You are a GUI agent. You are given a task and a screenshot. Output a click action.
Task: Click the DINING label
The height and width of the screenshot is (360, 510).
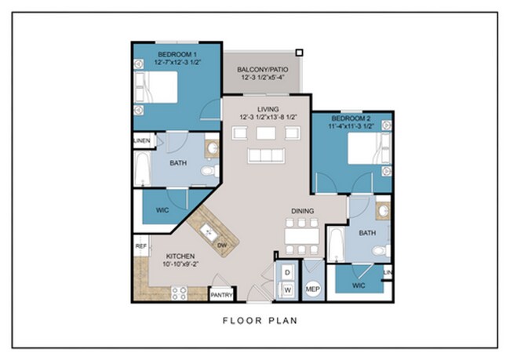click(x=304, y=211)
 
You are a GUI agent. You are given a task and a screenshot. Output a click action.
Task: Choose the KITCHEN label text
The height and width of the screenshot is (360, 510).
click(x=181, y=256)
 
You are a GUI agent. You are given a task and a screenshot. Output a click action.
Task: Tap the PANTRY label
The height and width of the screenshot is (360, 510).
click(x=220, y=295)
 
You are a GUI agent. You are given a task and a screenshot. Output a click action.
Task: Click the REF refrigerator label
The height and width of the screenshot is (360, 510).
click(x=141, y=245)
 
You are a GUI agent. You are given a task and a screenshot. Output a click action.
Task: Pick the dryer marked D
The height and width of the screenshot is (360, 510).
click(x=287, y=272)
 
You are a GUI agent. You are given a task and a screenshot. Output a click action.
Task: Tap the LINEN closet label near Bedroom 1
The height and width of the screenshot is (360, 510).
click(x=142, y=141)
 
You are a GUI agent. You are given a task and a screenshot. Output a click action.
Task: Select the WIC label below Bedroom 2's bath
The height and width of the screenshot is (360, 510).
click(x=359, y=285)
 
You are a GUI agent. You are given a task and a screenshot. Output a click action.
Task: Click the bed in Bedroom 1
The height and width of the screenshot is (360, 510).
click(x=161, y=89)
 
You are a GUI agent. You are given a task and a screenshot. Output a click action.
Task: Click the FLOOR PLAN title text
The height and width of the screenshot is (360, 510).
click(x=260, y=320)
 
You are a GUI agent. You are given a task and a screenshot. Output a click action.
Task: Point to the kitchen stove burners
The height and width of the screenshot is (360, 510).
click(x=178, y=293)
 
